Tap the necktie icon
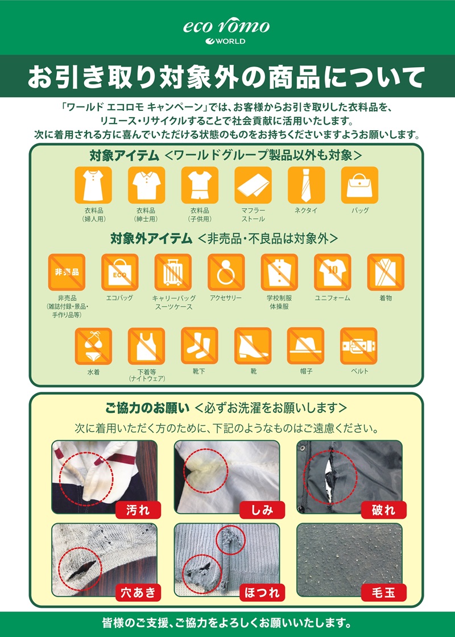(x=306, y=185)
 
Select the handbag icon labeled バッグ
(x=359, y=185)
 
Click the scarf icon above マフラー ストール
(x=253, y=185)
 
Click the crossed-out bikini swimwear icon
(x=93, y=346)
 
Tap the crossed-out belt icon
(x=359, y=346)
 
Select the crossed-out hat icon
(x=305, y=346)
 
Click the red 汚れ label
(x=138, y=510)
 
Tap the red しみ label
(x=262, y=510)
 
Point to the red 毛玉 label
(x=383, y=593)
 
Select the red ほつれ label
(x=262, y=593)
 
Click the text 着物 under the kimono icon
(x=386, y=298)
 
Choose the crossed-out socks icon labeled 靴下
(x=200, y=346)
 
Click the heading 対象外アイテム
(x=151, y=239)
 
